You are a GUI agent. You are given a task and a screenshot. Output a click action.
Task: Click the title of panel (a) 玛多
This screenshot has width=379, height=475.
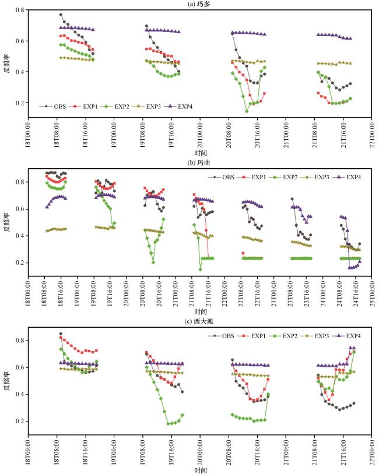[199, 4]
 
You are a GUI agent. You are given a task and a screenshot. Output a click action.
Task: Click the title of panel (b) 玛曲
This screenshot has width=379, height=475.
[199, 162]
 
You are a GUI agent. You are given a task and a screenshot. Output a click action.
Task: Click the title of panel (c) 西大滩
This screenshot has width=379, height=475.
[199, 321]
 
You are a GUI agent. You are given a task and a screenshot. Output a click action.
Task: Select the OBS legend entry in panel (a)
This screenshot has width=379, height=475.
[53, 107]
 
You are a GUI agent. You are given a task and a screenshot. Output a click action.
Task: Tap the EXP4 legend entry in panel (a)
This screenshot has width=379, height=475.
[179, 107]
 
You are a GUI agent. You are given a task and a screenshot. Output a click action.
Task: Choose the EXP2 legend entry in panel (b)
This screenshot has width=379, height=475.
[284, 177]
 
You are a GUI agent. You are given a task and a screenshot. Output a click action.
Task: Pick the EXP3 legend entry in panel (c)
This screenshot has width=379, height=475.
[315, 336]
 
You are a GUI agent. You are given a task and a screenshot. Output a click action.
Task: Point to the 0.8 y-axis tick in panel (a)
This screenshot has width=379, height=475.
[20, 10]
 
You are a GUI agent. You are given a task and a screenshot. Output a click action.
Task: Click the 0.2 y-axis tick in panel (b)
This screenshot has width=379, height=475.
[20, 263]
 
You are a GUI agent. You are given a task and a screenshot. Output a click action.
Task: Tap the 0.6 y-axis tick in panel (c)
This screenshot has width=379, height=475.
[20, 367]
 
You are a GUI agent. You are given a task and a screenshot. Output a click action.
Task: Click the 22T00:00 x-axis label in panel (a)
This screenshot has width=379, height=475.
[372, 135]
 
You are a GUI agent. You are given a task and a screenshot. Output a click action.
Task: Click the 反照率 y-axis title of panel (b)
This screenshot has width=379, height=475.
[6, 222]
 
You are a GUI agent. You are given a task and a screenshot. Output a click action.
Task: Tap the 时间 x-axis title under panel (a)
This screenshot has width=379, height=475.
[201, 153]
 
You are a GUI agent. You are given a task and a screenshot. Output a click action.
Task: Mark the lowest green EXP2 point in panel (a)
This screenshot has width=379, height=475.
[247, 112]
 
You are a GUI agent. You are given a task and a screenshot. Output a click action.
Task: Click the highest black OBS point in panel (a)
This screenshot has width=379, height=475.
[61, 15]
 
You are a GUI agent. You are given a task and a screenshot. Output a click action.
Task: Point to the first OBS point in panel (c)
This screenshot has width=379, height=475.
[61, 334]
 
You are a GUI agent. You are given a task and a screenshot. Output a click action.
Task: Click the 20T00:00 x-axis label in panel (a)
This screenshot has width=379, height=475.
[200, 135]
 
